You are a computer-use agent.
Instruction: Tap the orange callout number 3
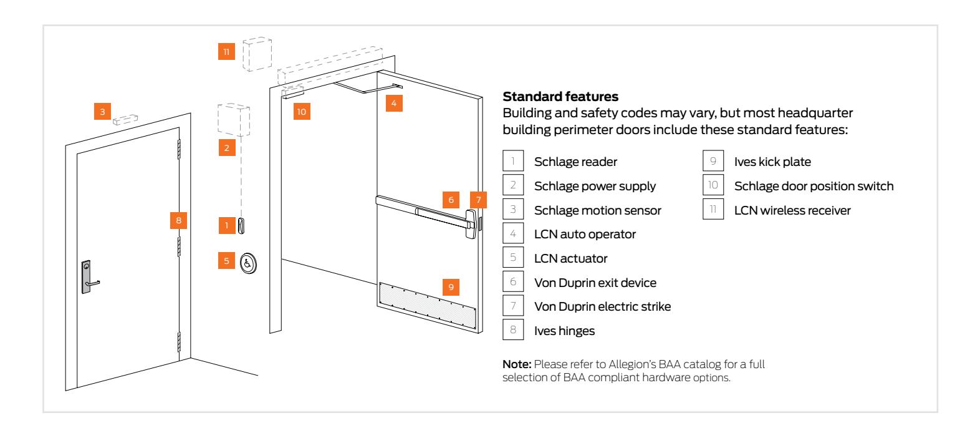tap(103, 112)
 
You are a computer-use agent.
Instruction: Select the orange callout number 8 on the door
tap(178, 220)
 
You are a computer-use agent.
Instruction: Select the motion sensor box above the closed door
tap(125, 119)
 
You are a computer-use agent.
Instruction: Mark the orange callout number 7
tap(478, 200)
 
